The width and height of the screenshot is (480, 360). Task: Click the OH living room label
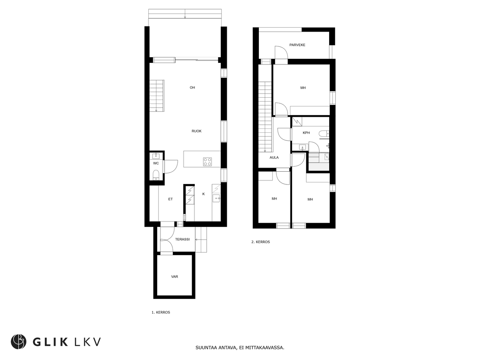[x=192, y=88]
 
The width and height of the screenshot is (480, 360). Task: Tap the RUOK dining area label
[x=196, y=131]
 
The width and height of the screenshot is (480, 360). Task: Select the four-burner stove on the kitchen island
[x=207, y=162]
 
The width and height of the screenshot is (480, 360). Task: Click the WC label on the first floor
[x=156, y=163]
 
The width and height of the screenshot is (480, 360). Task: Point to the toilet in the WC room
[x=156, y=175]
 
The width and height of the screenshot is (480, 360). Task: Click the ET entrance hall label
[x=170, y=199]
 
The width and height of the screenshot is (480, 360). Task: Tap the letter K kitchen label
[x=204, y=194]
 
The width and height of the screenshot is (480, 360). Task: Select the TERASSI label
[x=182, y=239]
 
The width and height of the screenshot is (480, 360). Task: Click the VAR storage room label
[x=174, y=277]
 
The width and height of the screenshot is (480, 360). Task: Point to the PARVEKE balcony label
[x=298, y=45]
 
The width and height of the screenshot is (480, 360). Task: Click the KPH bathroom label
[x=306, y=133]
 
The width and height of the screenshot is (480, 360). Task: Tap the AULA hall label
[x=274, y=158]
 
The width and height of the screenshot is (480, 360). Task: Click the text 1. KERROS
[x=161, y=312]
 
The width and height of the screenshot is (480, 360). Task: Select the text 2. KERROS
[x=260, y=242]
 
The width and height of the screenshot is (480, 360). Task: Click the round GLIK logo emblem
[x=18, y=342]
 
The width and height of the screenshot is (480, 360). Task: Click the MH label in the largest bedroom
[x=303, y=88]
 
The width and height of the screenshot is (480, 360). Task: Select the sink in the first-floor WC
[x=156, y=156]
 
